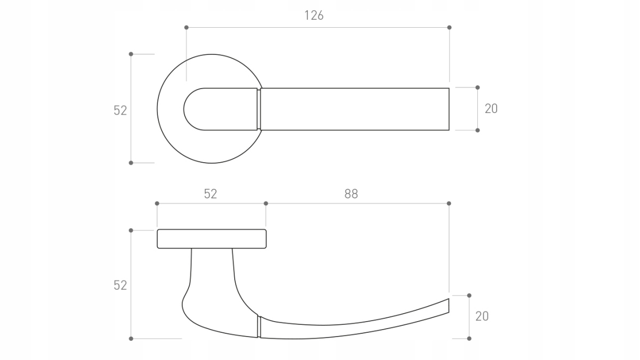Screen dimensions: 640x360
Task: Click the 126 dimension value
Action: (314, 15)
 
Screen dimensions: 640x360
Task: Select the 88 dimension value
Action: (351, 194)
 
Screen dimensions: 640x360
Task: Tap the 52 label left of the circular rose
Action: (120, 110)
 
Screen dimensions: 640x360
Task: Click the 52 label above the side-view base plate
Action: (211, 194)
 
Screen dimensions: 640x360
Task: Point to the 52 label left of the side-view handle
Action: (120, 285)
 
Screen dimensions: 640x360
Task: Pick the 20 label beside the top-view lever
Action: (491, 109)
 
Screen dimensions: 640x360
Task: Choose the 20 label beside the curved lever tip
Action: (482, 316)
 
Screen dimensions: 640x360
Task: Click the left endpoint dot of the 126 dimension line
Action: (186, 27)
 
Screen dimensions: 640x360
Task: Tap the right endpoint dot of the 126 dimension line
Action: (450, 27)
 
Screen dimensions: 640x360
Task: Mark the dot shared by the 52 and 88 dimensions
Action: (266, 203)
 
